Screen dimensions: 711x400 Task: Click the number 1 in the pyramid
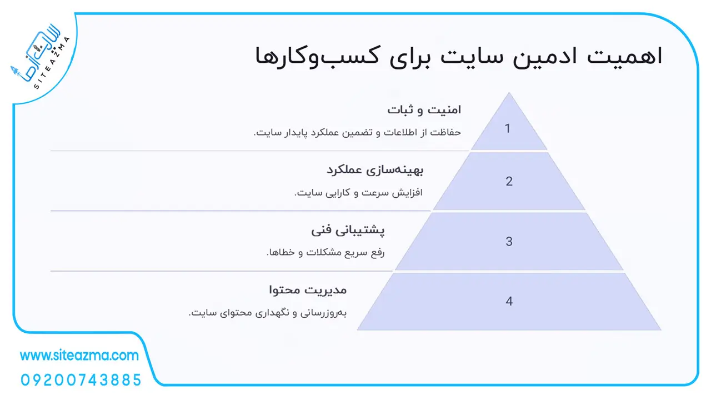click(508, 128)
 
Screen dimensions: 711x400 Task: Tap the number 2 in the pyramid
click(509, 181)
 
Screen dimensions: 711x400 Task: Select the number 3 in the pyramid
click(509, 241)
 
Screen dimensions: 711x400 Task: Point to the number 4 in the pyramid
click(509, 301)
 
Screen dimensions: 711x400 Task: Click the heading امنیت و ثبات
click(424, 110)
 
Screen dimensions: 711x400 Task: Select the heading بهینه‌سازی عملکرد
click(375, 170)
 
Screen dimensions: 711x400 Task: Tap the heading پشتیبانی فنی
click(348, 230)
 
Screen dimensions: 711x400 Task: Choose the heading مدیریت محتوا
click(308, 290)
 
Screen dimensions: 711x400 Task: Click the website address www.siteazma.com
click(79, 356)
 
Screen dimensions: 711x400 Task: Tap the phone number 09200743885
click(81, 380)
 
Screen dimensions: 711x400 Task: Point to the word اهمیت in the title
click(624, 56)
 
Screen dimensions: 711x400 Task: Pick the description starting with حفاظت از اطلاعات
click(357, 132)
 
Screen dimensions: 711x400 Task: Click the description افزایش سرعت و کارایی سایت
click(358, 192)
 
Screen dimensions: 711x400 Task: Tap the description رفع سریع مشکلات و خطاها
click(326, 252)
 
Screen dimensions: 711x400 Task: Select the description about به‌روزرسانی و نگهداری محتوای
click(268, 313)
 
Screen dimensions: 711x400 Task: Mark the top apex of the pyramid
click(509, 92)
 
